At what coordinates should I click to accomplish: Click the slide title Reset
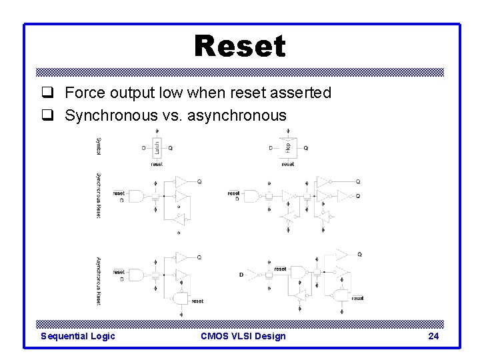240,46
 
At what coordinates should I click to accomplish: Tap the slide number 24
433,336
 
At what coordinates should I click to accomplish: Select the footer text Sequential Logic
78,336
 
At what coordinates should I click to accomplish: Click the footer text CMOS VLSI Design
243,336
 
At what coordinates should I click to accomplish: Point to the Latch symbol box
157,148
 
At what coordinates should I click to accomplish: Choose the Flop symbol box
287,148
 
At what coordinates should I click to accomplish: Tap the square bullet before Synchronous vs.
47,115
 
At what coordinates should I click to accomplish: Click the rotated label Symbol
99,145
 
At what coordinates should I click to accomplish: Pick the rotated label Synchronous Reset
99,196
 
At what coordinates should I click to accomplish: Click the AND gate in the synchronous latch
135,197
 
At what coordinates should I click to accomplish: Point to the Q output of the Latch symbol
171,148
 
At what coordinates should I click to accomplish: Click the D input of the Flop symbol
270,148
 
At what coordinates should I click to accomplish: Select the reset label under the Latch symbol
157,163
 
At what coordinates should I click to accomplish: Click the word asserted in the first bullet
303,93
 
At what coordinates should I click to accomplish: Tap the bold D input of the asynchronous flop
241,275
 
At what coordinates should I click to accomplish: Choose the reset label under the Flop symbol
287,163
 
